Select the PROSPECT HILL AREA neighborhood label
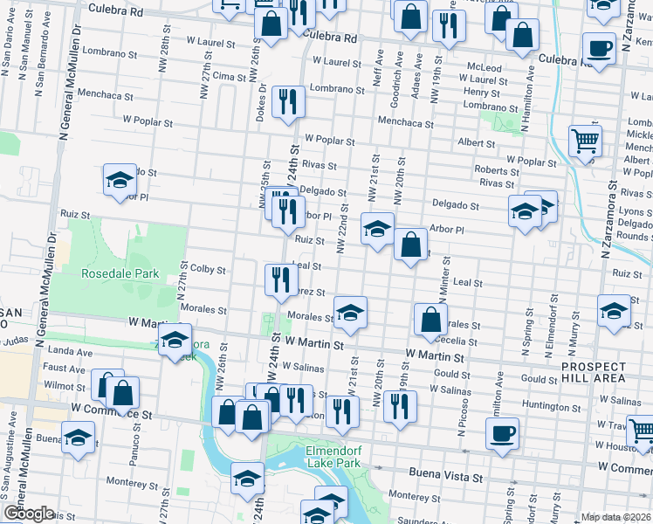click(x=594, y=372)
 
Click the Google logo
click(x=29, y=514)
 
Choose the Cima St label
click(x=230, y=77)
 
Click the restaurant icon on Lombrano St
click(x=287, y=101)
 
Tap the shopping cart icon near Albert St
click(x=584, y=140)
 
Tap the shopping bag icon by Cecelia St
click(x=430, y=319)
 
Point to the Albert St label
click(x=477, y=143)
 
